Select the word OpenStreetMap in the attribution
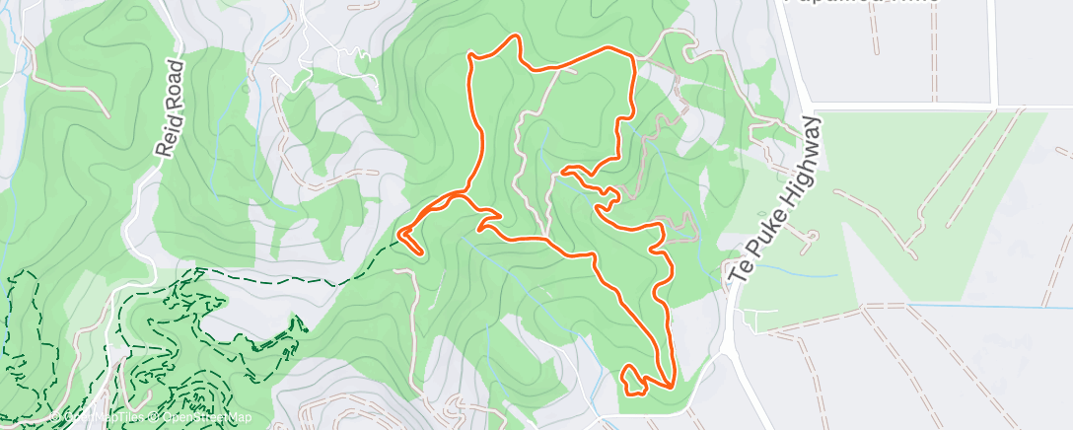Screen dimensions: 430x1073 tap(201, 418)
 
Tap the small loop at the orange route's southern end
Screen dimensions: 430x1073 tap(632, 380)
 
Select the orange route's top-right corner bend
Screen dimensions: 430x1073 tap(630, 54)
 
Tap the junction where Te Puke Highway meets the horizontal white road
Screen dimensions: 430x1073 tap(811, 106)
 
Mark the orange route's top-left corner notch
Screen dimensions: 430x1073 tap(471, 60)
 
